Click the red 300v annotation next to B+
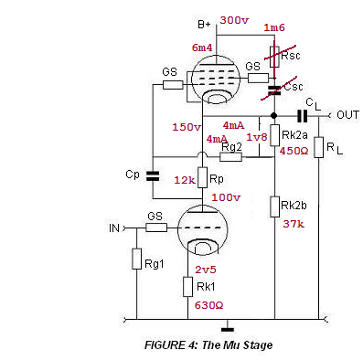pos(234,20)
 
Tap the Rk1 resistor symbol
pos(187,287)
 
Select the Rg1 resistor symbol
pos(136,259)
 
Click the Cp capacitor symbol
pos(153,176)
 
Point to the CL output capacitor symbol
pos(302,116)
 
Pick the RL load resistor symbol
pos(318,147)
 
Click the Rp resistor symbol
pos(203,177)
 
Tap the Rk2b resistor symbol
pos(274,206)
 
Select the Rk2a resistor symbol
pos(274,135)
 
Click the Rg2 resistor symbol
pos(230,157)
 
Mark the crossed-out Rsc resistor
pos(274,57)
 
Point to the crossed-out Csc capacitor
pos(274,90)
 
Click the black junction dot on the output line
pos(274,115)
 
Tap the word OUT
pos(347,115)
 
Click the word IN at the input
pos(114,228)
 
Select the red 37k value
pos(294,224)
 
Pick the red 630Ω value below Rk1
pos(208,305)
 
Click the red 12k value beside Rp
pos(185,180)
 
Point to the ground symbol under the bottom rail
pos(228,329)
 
